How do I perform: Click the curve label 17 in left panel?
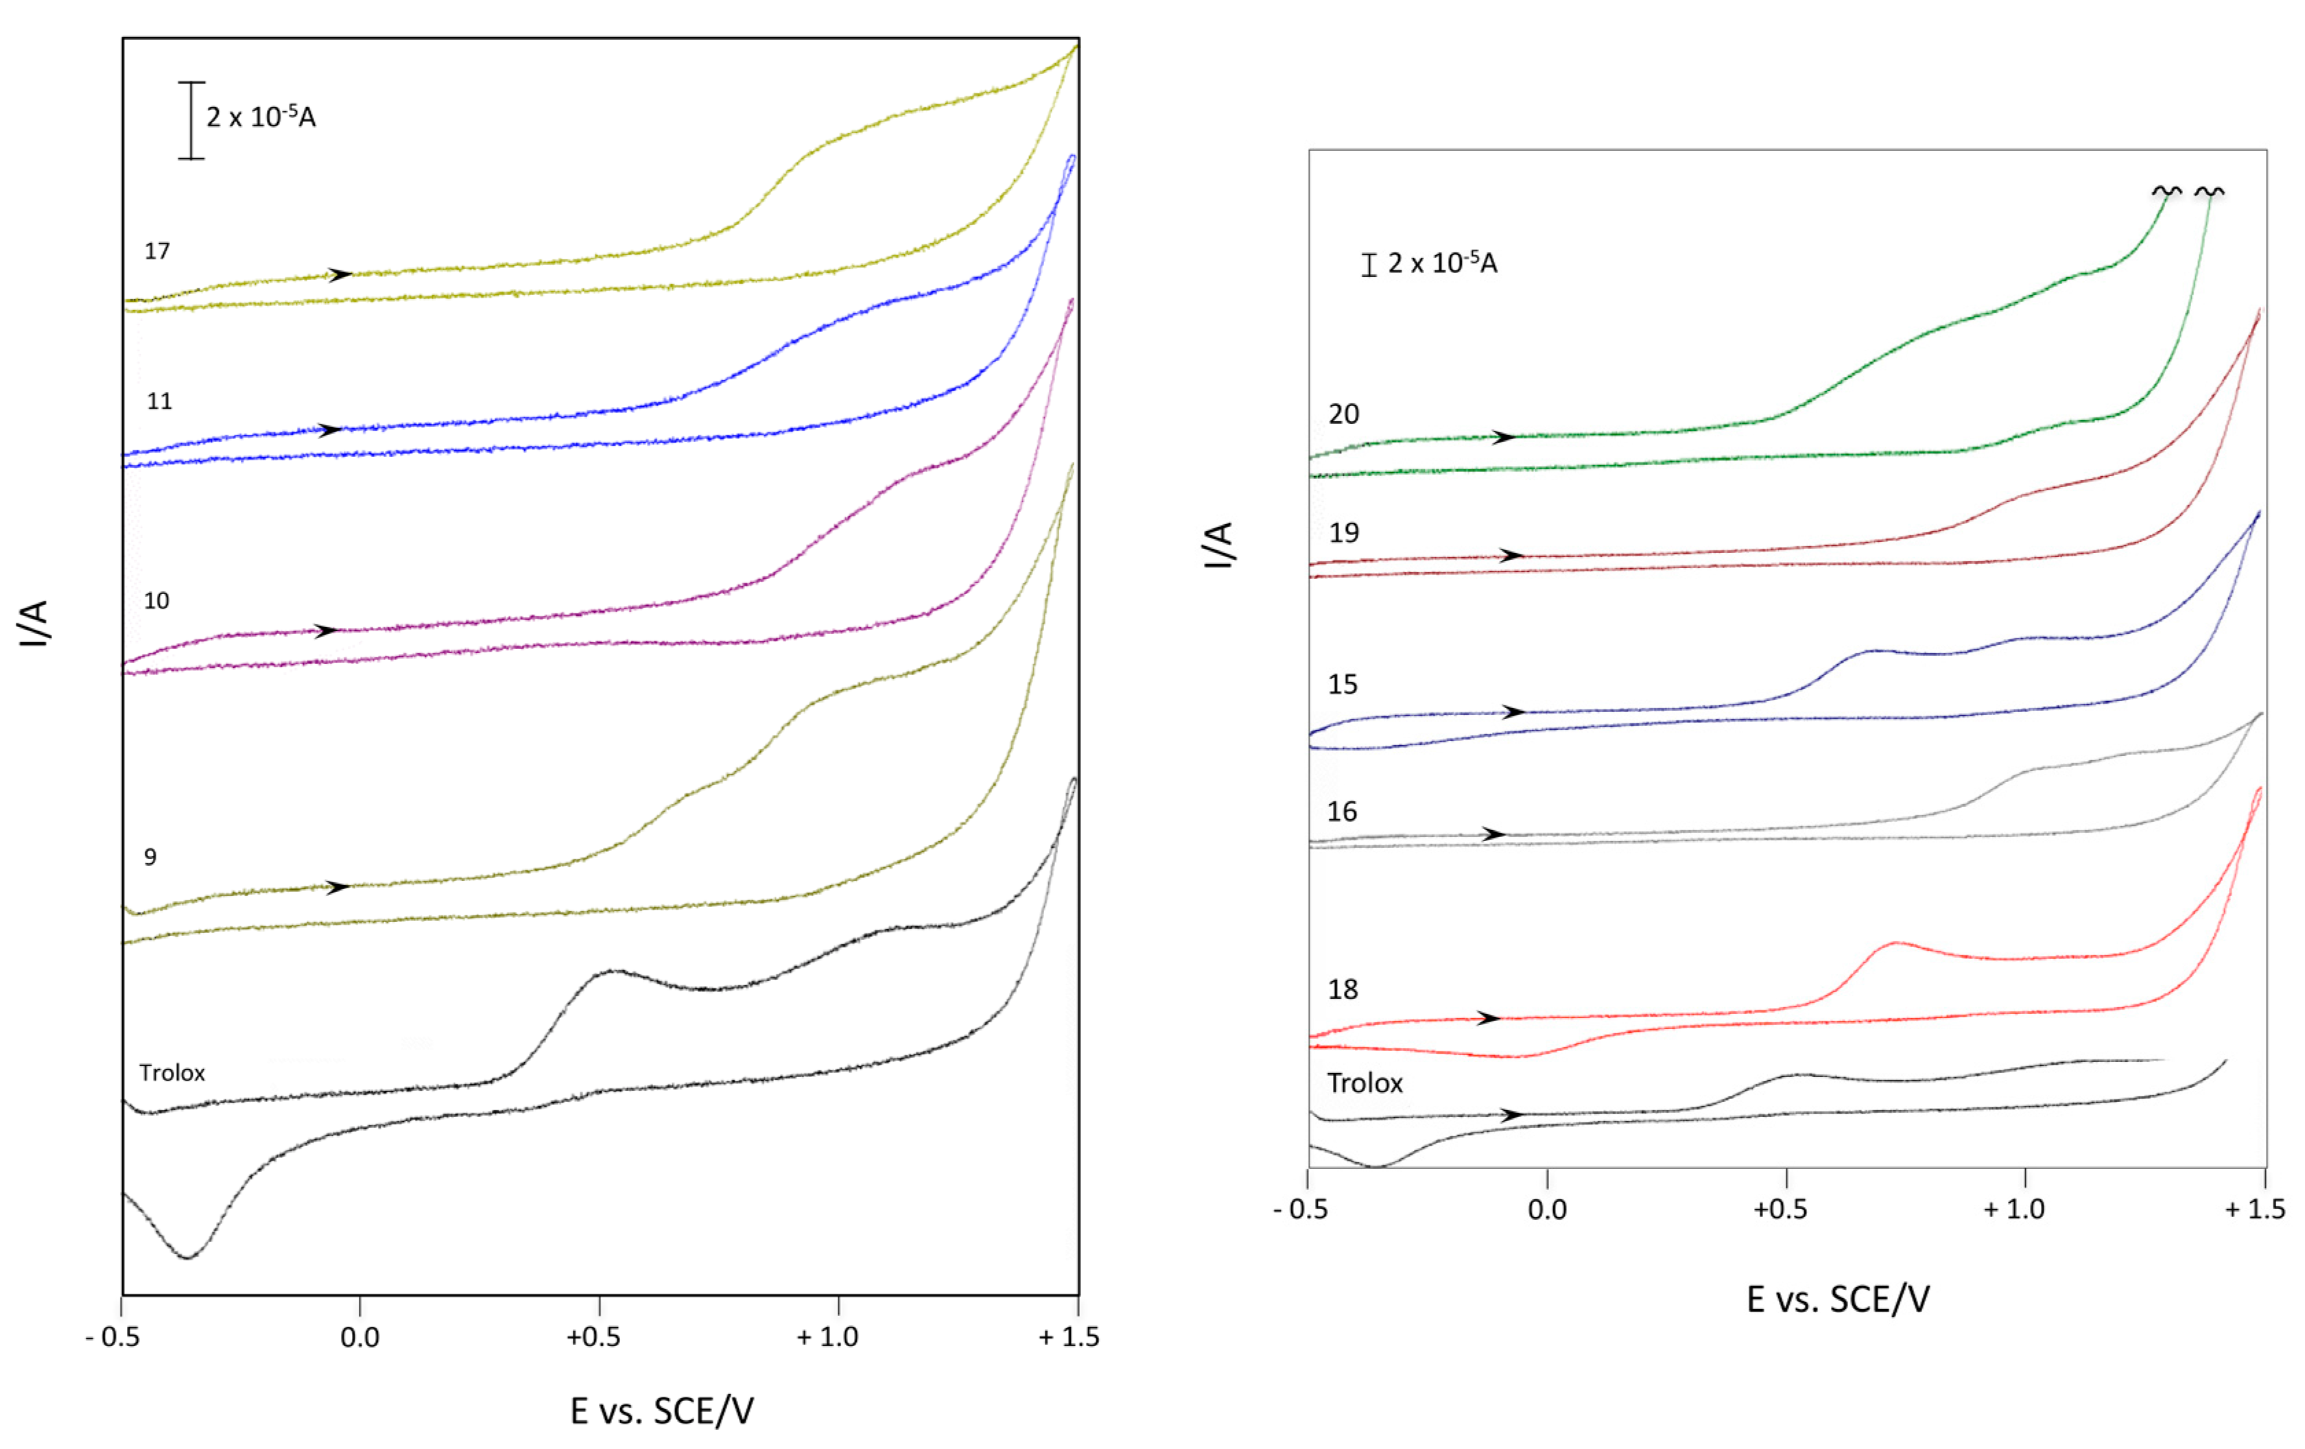click(157, 250)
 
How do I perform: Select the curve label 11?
click(159, 401)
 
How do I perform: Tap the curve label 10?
click(156, 601)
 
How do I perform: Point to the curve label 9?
click(150, 857)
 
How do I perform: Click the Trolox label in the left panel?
click(172, 1073)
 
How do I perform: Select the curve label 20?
click(1343, 414)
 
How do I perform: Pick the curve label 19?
click(1343, 533)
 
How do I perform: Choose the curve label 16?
click(1342, 812)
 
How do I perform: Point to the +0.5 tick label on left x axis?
click(593, 1337)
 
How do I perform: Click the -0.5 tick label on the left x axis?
click(113, 1337)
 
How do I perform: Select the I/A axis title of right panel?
click(1218, 545)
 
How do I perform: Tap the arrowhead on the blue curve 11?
click(331, 429)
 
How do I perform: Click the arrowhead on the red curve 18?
click(1489, 1017)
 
